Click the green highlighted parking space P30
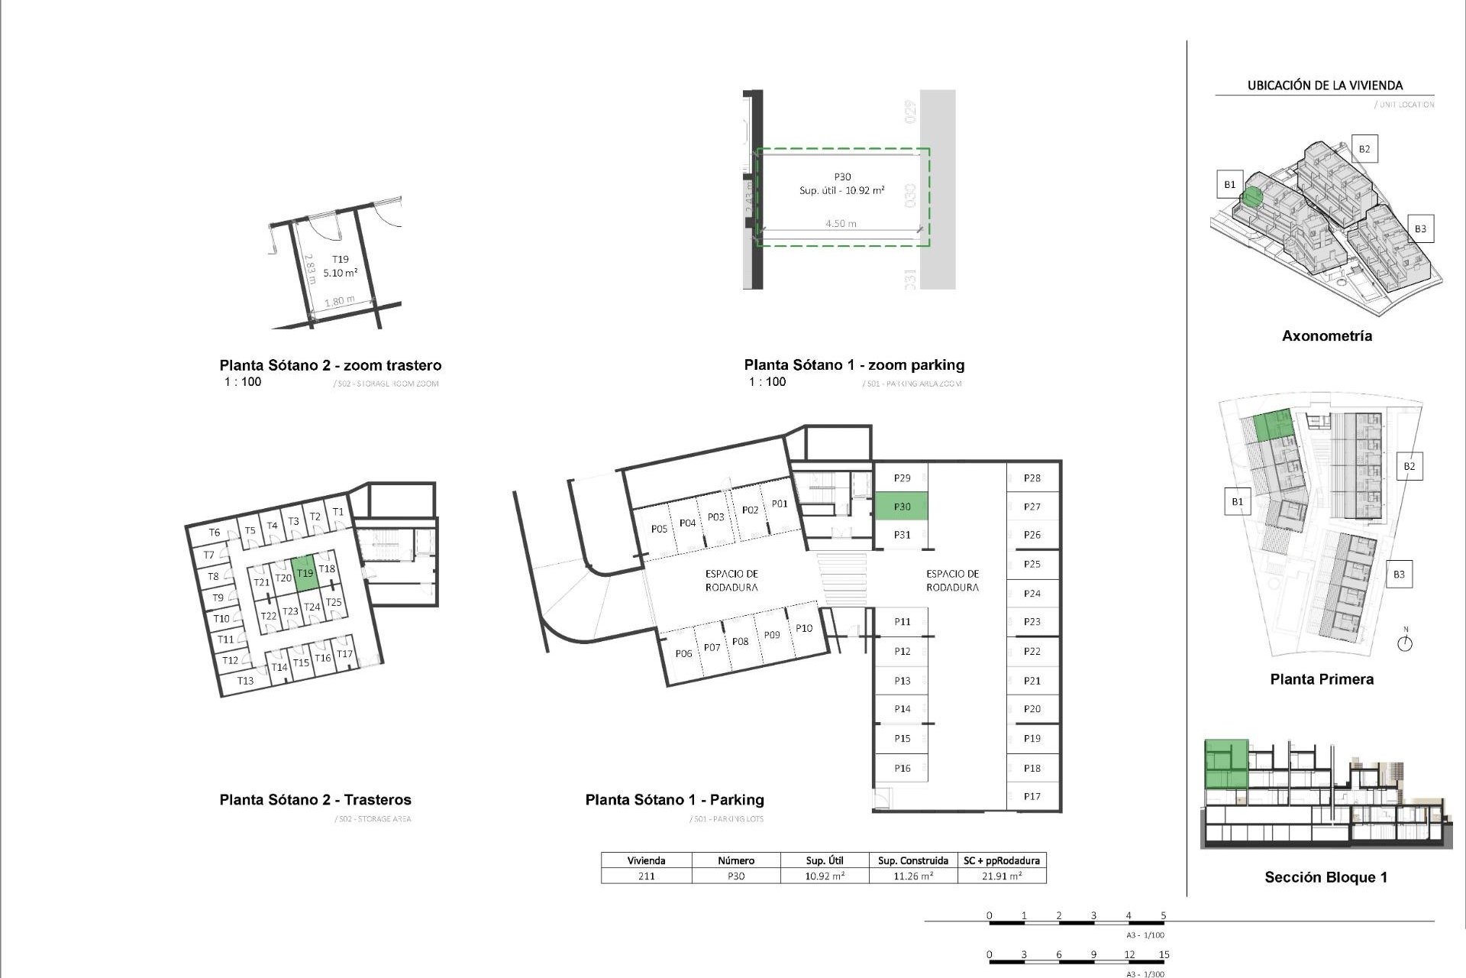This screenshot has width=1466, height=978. [x=902, y=507]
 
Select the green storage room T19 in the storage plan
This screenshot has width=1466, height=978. [x=305, y=573]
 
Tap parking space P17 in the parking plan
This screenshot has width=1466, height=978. [x=1032, y=796]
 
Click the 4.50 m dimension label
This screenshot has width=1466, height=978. [x=841, y=224]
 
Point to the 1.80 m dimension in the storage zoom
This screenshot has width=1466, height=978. [x=339, y=301]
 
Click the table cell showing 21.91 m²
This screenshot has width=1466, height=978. [x=1002, y=876]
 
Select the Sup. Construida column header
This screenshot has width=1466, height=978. [x=913, y=860]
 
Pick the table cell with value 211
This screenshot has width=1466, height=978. [x=646, y=876]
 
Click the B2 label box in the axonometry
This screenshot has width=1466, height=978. [x=1364, y=149]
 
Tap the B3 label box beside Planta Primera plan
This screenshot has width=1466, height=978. [x=1398, y=575]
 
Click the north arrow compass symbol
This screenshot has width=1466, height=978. [x=1405, y=643]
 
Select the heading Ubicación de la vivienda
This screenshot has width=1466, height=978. [x=1325, y=86]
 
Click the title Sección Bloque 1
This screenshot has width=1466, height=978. [x=1326, y=877]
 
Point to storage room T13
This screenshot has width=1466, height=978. [x=245, y=680]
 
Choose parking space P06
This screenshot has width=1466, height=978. [x=683, y=653]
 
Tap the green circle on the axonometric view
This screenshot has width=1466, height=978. [x=1251, y=197]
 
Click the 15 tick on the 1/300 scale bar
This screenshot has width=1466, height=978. [x=1164, y=955]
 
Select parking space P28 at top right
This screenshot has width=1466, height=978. [x=1032, y=478]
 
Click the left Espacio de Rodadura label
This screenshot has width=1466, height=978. [x=731, y=581]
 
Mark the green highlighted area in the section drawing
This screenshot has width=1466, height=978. [x=1226, y=764]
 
